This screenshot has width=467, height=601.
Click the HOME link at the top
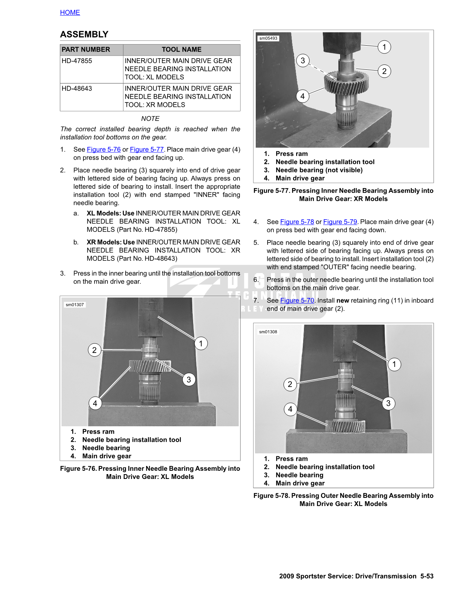[70, 13]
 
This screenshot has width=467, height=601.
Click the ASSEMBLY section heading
[84, 35]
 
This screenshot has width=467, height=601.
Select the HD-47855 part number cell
[77, 61]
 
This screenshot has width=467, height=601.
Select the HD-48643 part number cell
[77, 89]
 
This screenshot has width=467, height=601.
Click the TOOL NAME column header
[182, 50]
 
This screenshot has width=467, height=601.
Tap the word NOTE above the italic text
[150, 119]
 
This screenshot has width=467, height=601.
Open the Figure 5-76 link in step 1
[104, 150]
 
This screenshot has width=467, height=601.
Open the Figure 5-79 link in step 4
[340, 222]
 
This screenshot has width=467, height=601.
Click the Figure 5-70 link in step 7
[297, 300]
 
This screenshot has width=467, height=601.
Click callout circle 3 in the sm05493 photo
[303, 60]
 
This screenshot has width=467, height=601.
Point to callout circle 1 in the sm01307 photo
[201, 344]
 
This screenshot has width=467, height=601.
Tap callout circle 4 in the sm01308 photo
[290, 409]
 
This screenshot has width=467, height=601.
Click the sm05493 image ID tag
[268, 38]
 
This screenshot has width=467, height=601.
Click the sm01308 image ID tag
[268, 332]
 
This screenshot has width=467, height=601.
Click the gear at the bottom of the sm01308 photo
[345, 426]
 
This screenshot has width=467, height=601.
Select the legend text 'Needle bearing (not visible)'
[319, 170]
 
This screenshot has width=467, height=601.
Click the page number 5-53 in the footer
[427, 576]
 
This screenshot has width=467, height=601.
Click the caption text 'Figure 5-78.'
[271, 496]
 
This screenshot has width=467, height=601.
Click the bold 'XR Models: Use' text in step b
[110, 242]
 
